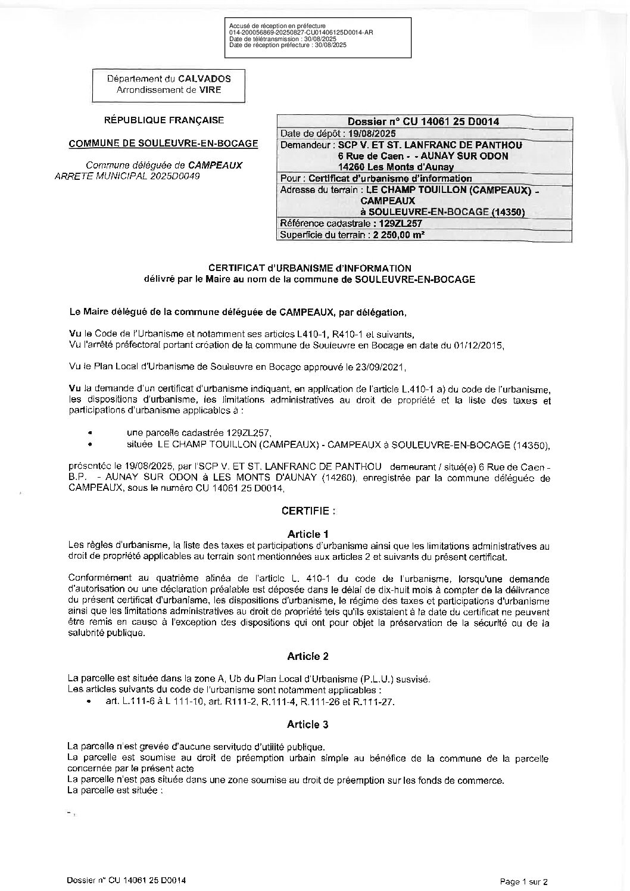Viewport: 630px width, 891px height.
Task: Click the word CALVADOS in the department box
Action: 206,79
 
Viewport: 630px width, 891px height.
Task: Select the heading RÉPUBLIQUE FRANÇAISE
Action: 164,120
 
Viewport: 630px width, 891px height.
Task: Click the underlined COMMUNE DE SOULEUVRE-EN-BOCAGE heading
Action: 164,144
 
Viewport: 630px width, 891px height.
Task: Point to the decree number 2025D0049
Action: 179,176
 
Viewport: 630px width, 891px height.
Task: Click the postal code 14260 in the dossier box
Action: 351,167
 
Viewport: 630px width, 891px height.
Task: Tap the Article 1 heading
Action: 307,534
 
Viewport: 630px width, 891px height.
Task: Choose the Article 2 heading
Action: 307,656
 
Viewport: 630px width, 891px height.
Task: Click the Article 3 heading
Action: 307,724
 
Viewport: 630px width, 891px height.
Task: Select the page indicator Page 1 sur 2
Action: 523,881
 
